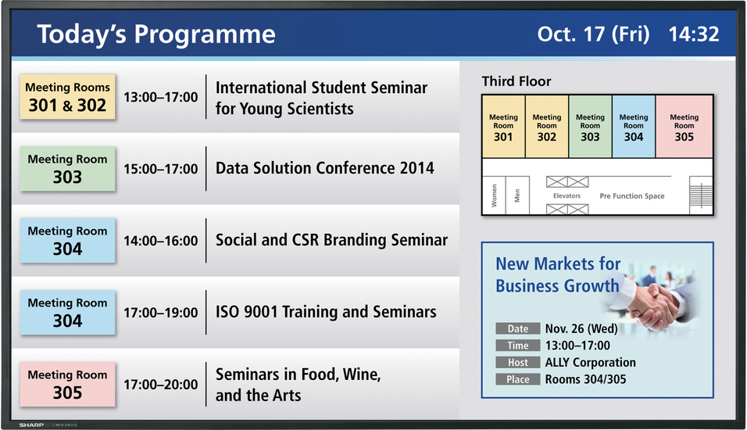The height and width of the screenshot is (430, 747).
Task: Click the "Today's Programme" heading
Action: pyautogui.click(x=156, y=34)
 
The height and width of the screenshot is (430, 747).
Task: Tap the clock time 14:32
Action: pyautogui.click(x=694, y=34)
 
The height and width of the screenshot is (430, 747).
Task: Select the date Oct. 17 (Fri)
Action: pyautogui.click(x=593, y=34)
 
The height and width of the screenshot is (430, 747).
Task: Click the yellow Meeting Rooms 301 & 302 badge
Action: pyautogui.click(x=68, y=97)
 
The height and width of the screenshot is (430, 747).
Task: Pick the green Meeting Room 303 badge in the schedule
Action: pyautogui.click(x=68, y=169)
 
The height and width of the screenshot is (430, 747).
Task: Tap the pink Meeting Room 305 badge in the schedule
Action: pyautogui.click(x=68, y=384)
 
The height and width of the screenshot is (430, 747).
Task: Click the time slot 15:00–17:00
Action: pyautogui.click(x=160, y=169)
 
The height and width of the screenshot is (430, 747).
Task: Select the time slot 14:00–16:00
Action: pyautogui.click(x=160, y=241)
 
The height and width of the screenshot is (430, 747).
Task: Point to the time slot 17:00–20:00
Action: pyautogui.click(x=160, y=384)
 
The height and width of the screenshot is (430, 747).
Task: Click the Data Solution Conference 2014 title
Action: pyautogui.click(x=325, y=168)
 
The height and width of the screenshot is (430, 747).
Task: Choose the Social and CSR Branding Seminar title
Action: pyautogui.click(x=331, y=240)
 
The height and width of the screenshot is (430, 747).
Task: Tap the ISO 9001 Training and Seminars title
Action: pyautogui.click(x=326, y=312)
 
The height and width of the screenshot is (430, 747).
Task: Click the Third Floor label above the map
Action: pyautogui.click(x=516, y=81)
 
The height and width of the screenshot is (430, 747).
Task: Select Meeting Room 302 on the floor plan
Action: pyautogui.click(x=547, y=127)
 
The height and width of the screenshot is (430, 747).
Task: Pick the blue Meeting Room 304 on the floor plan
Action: pyautogui.click(x=634, y=127)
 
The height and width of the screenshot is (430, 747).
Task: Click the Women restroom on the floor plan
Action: pyautogui.click(x=494, y=195)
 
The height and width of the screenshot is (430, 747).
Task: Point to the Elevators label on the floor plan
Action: pyautogui.click(x=567, y=196)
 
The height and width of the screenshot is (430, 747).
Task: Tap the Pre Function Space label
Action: pyautogui.click(x=631, y=196)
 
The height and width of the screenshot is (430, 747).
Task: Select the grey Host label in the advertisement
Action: pyautogui.click(x=518, y=362)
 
